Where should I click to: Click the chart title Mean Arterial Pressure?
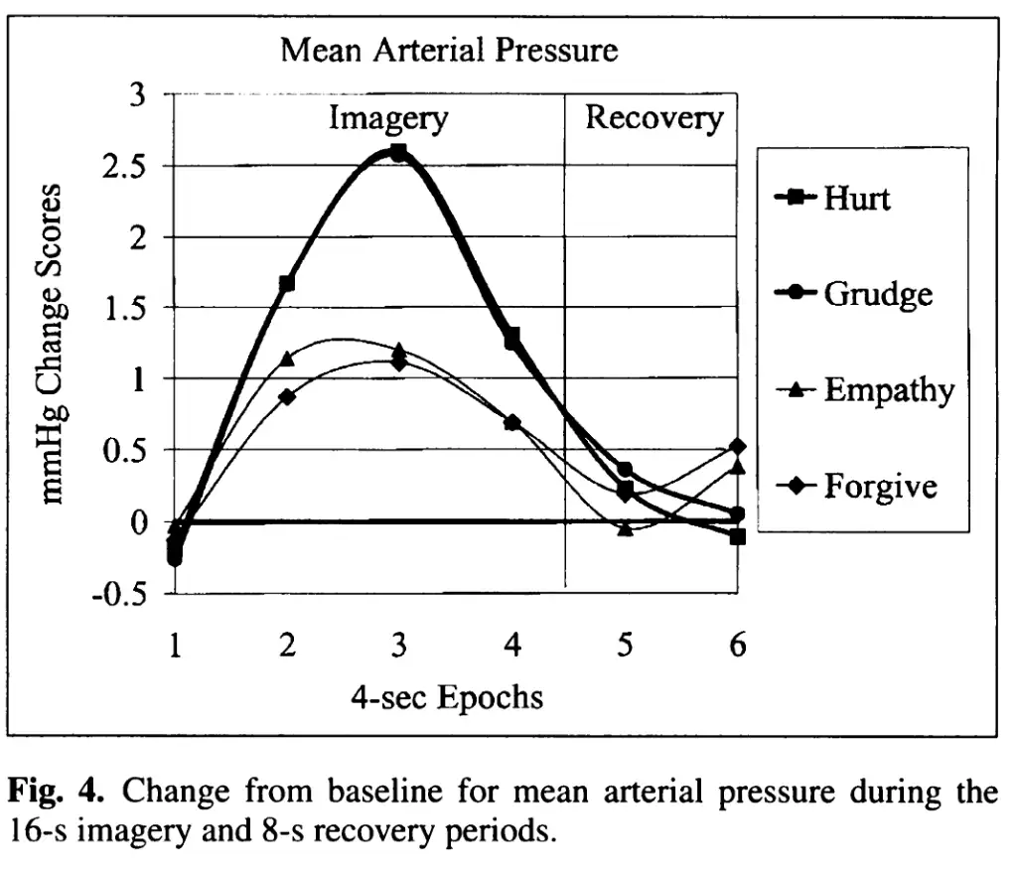click(x=449, y=51)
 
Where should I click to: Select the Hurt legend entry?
click(x=856, y=198)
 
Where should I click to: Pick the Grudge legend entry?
click(x=877, y=293)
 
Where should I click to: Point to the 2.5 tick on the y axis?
click(x=123, y=166)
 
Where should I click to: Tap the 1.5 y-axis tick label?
click(x=123, y=308)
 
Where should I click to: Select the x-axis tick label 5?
click(x=625, y=647)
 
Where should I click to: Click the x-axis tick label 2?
click(x=287, y=647)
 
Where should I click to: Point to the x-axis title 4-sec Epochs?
click(x=447, y=697)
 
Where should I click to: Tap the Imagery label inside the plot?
click(x=388, y=119)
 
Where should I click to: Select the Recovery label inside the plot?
click(x=654, y=118)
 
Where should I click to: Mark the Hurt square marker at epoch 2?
click(x=287, y=284)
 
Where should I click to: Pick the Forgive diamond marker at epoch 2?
click(x=287, y=396)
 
